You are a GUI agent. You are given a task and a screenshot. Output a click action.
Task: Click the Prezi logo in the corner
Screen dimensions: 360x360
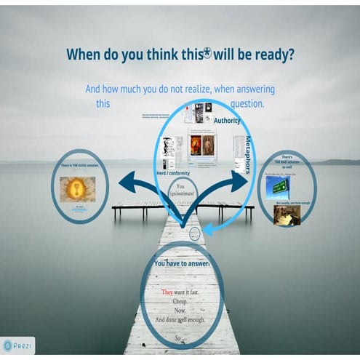point(18,345)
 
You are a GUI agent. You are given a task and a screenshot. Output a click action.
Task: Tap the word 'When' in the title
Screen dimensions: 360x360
point(86,54)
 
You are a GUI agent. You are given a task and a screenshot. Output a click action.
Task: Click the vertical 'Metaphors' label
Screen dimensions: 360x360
point(247,154)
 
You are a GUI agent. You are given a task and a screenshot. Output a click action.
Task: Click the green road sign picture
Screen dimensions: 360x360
point(278,187)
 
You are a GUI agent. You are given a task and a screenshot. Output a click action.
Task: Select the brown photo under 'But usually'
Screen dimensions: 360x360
point(285,215)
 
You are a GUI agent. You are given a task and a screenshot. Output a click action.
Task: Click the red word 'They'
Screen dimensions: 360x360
point(167,292)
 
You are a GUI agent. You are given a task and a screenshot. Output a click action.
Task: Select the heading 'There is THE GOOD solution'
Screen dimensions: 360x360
point(81,166)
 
